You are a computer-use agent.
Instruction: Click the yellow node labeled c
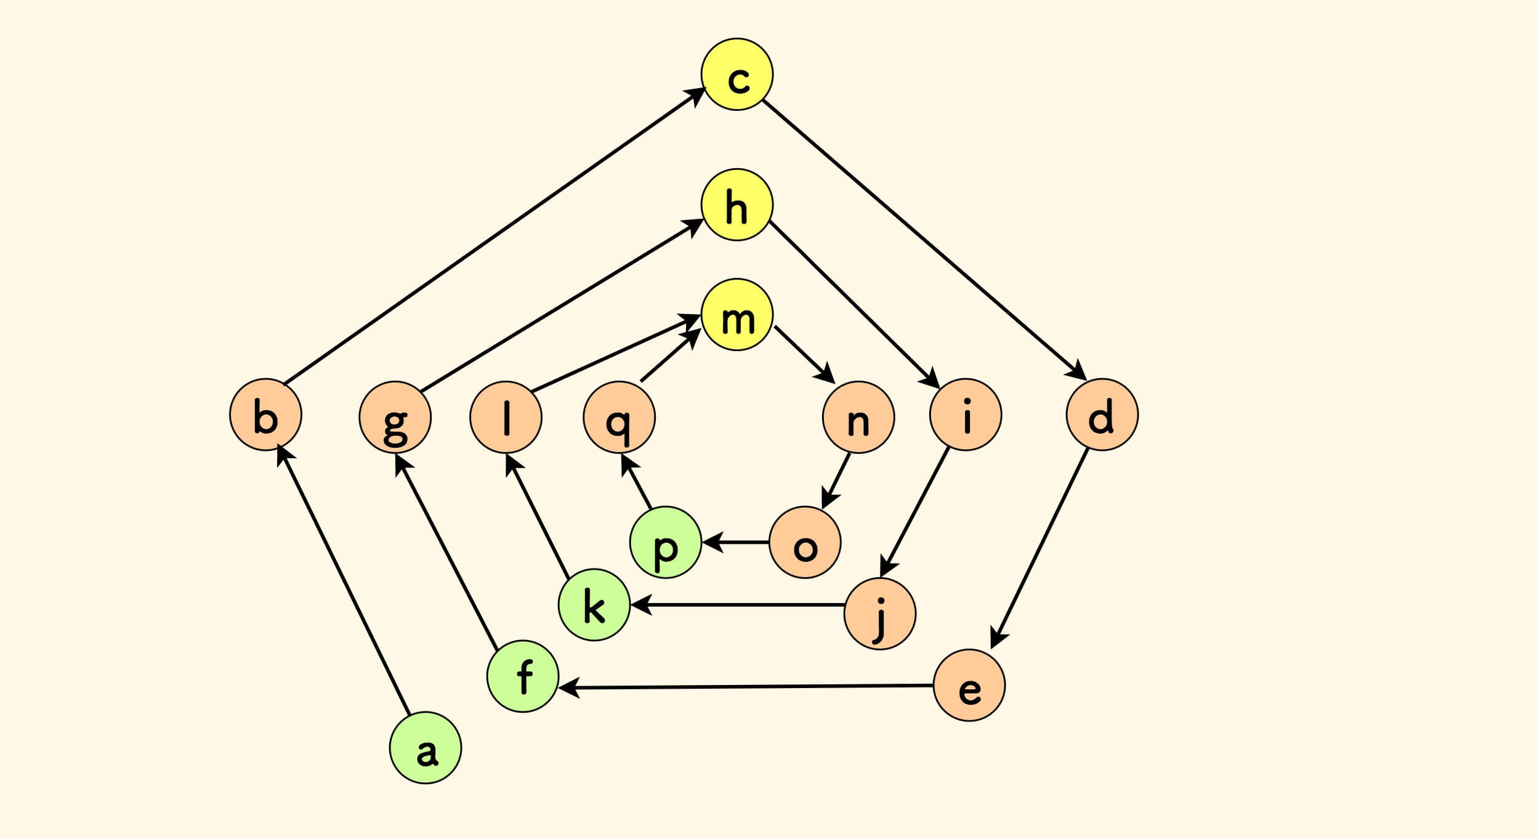pos(736,75)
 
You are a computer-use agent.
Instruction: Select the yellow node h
pos(736,205)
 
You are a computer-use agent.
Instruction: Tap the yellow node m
pos(736,315)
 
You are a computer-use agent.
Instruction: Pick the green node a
pos(426,748)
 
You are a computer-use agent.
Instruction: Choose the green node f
pos(523,676)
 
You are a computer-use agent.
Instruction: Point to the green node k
pos(594,606)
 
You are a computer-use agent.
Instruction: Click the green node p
pos(666,542)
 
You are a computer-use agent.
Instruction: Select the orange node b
pos(265,415)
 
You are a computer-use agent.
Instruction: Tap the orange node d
pos(1102,415)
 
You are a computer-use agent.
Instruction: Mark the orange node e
pos(969,685)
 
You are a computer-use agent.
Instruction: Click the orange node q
pos(619,418)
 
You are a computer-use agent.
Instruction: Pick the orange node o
pos(805,542)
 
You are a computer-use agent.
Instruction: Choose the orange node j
pos(880,614)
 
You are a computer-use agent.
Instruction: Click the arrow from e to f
pos(745,686)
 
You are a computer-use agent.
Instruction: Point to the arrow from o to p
pos(735,543)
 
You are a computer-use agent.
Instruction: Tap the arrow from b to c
pos(493,237)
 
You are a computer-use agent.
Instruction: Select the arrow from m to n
pos(804,354)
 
